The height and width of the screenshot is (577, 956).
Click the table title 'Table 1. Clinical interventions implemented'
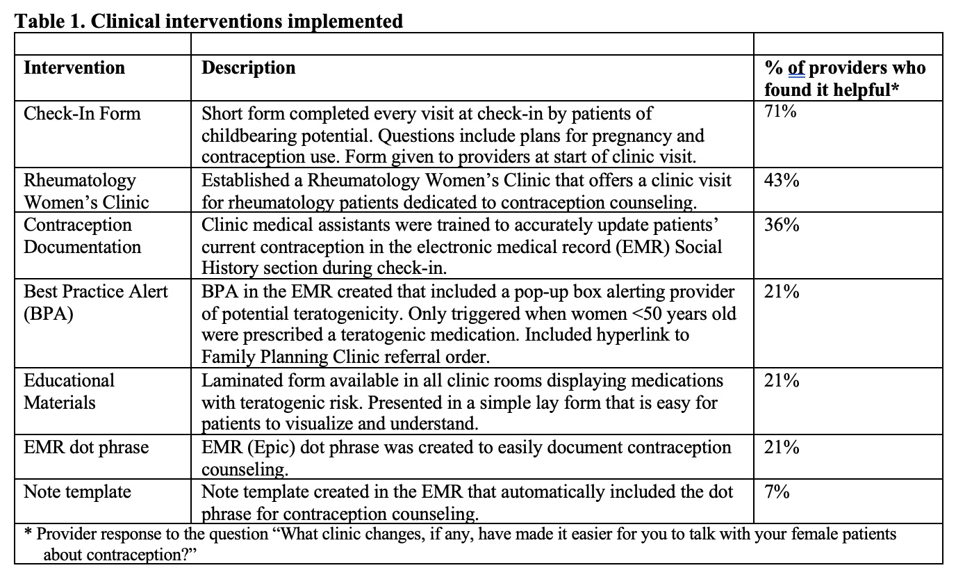(x=209, y=21)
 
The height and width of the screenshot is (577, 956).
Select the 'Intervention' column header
(x=74, y=68)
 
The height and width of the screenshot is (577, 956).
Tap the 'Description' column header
(x=248, y=68)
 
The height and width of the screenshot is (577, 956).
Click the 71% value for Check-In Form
(x=780, y=112)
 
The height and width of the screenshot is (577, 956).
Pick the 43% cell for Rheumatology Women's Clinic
(x=782, y=181)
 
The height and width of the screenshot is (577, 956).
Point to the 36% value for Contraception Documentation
(x=782, y=225)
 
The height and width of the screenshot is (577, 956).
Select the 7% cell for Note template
(x=777, y=492)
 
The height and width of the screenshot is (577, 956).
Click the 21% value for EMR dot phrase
(x=782, y=448)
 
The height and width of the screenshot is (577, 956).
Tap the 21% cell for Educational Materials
(x=782, y=381)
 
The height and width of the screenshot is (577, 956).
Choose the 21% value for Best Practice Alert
(x=782, y=292)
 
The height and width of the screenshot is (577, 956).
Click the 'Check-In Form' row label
(x=82, y=113)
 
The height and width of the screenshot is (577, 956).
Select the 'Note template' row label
(x=77, y=492)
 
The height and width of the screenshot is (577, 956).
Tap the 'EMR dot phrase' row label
(x=86, y=448)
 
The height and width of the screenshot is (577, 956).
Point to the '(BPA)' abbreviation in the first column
(x=49, y=314)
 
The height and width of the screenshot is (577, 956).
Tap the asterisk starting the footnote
(x=28, y=534)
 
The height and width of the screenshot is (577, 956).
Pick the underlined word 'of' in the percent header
(x=797, y=68)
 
